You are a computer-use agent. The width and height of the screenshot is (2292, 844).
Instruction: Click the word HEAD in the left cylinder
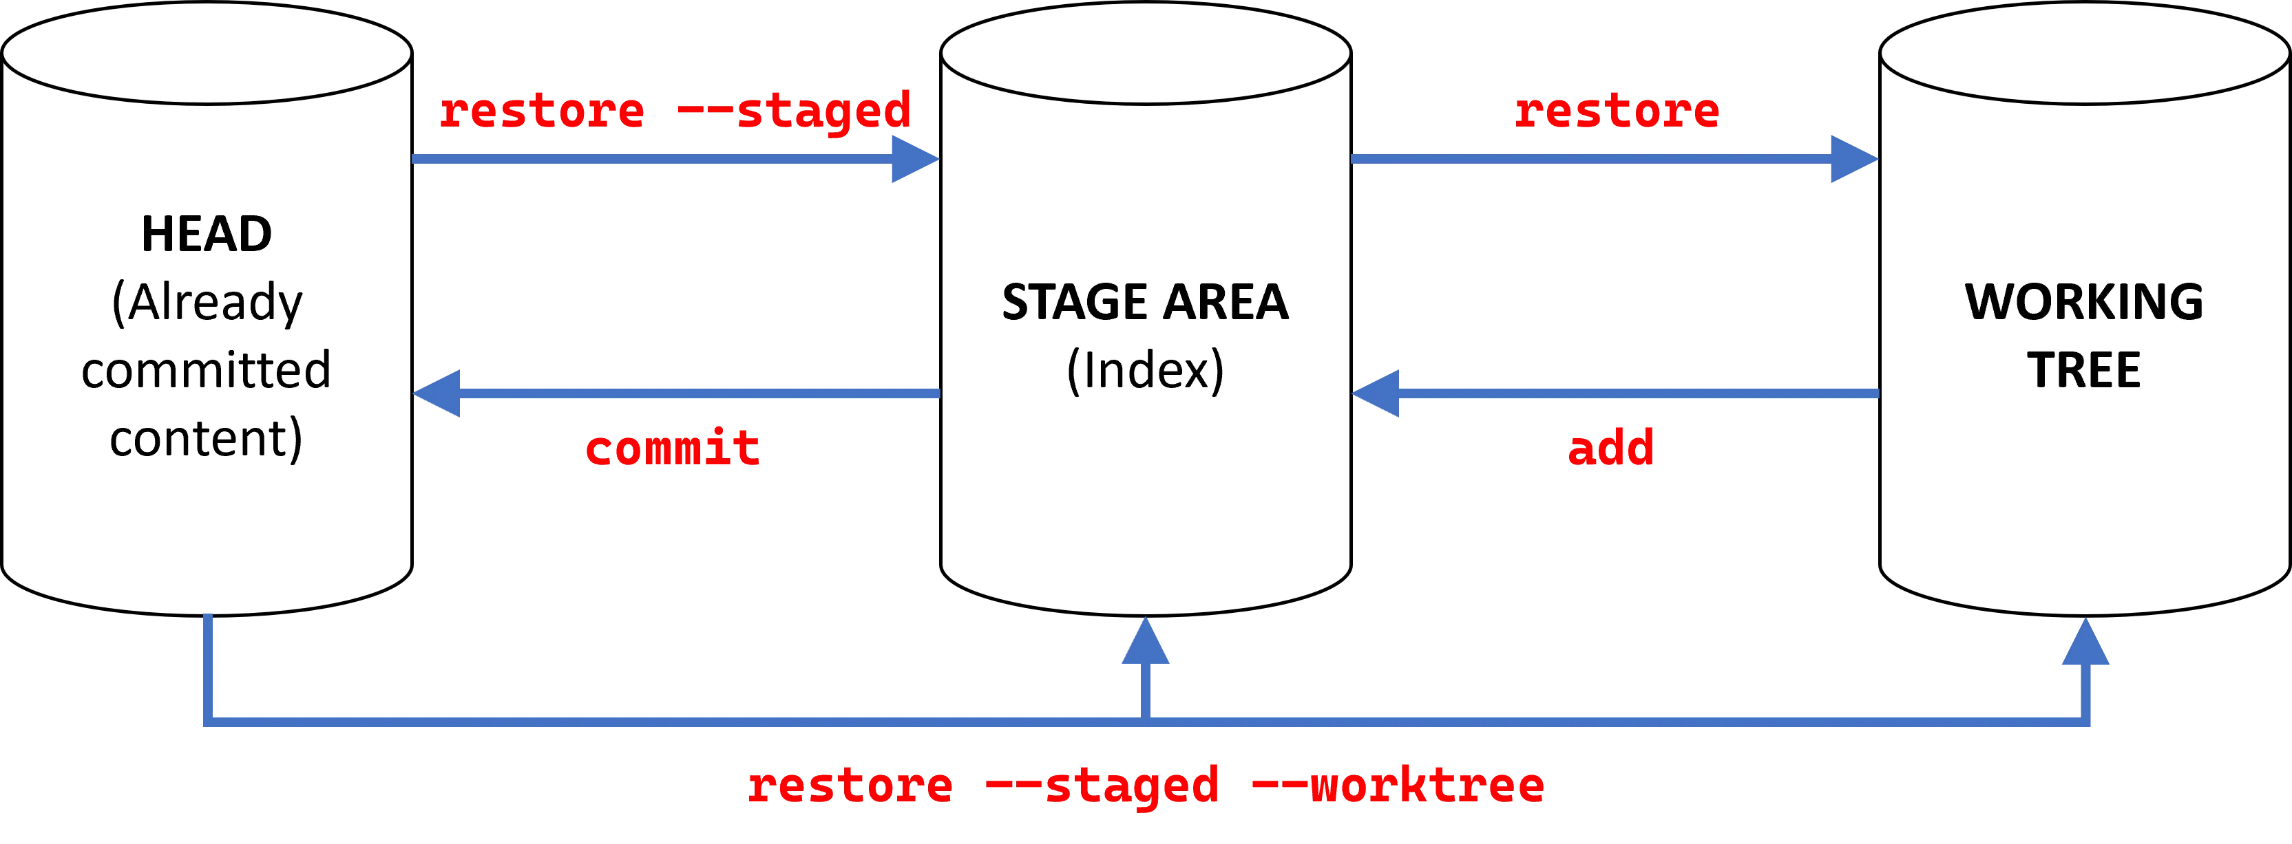click(207, 235)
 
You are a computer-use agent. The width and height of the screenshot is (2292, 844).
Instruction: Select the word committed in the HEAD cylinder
click(207, 370)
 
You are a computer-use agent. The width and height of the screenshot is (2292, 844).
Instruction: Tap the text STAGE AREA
click(1145, 303)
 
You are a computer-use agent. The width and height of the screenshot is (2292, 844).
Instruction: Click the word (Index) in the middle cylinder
click(1145, 371)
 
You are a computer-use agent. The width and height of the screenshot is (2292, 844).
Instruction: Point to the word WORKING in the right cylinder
click(2084, 303)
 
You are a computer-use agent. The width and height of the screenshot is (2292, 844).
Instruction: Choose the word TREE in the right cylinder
click(2084, 371)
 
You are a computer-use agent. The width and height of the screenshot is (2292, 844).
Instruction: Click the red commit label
click(672, 447)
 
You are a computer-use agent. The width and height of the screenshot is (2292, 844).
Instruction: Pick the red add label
click(1610, 447)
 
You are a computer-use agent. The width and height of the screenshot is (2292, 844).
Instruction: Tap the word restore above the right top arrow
click(1617, 111)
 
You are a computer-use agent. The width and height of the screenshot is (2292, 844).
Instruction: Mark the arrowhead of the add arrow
click(1376, 393)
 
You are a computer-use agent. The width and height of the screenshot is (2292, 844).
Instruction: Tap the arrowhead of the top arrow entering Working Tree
click(1853, 160)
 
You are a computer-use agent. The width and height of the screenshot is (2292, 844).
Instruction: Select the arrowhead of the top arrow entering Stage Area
click(913, 160)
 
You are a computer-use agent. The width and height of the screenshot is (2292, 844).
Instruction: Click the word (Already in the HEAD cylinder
click(207, 303)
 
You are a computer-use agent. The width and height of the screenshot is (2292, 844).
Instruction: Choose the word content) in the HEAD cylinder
click(207, 438)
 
